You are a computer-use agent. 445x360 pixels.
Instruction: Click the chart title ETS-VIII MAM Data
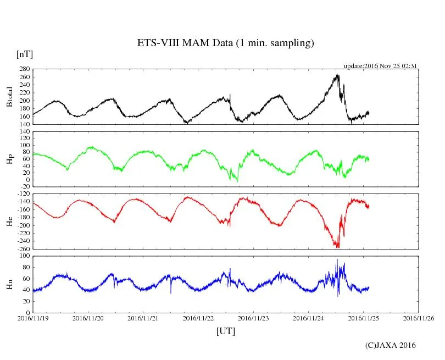(225, 43)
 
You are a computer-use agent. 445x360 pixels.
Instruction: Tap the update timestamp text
(381, 66)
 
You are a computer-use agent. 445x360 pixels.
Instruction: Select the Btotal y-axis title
(9, 96)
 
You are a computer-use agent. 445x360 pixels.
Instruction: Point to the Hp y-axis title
(9, 159)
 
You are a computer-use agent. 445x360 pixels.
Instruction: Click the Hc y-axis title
(9, 221)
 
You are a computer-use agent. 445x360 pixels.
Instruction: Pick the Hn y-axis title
(9, 284)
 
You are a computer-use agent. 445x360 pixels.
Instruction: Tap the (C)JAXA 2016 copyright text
(391, 345)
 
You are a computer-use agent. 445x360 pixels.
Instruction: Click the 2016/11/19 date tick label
(33, 318)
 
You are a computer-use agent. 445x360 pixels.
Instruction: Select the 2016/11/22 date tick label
(198, 318)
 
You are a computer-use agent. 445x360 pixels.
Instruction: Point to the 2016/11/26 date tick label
(419, 318)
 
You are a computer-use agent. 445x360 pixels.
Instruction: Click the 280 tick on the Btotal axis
(23, 69)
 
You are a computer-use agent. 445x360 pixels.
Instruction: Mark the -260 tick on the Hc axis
(22, 249)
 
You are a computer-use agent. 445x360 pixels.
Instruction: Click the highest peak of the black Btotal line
(337, 75)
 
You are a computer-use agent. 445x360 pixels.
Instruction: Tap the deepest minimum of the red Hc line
(337, 247)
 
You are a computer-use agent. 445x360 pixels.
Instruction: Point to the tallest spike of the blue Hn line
(337, 259)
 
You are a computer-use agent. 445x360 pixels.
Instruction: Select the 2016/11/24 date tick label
(309, 318)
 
